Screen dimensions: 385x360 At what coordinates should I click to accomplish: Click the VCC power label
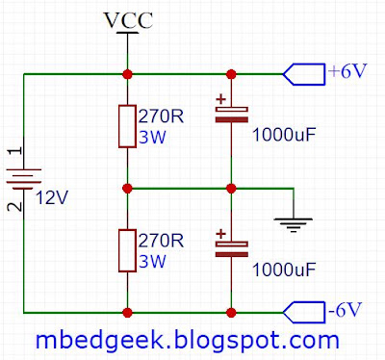(x=129, y=20)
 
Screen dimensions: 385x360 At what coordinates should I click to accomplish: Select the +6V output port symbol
(x=304, y=74)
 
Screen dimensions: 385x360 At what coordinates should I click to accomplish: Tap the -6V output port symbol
(x=304, y=313)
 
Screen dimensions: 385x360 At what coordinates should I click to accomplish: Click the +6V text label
(x=347, y=71)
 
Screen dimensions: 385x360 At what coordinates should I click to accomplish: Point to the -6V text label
(x=345, y=310)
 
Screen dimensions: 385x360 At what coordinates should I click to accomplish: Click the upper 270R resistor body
(x=127, y=126)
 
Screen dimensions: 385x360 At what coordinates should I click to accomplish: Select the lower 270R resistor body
(x=127, y=250)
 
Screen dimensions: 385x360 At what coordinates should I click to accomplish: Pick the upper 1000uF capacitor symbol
(x=231, y=110)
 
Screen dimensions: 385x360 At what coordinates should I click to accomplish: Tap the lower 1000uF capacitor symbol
(x=231, y=244)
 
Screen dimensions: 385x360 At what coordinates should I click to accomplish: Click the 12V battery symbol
(x=24, y=179)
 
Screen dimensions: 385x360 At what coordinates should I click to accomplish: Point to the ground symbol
(x=294, y=224)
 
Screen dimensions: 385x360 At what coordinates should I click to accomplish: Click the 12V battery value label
(x=52, y=198)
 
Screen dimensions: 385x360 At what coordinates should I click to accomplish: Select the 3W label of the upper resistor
(x=152, y=138)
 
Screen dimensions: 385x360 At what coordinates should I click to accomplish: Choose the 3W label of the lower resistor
(x=152, y=262)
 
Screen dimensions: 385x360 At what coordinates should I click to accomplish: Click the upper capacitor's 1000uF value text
(x=284, y=135)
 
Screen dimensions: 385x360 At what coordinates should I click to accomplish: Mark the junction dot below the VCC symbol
(x=127, y=74)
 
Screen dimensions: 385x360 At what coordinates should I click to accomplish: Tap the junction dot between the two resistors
(x=127, y=189)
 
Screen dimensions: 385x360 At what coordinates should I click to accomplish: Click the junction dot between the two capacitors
(x=231, y=189)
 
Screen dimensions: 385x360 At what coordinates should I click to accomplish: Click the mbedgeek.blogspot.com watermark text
(x=188, y=341)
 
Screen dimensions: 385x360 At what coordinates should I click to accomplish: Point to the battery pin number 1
(x=15, y=151)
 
